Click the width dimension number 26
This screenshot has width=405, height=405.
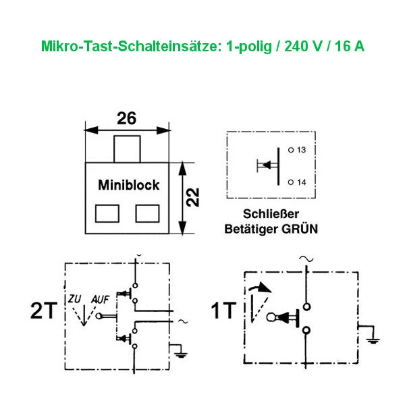[126, 118]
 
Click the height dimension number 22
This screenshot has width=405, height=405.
[192, 197]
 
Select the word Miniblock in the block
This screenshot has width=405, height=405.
[129, 184]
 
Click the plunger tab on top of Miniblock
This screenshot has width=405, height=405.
[126, 148]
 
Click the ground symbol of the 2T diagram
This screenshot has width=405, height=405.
[179, 351]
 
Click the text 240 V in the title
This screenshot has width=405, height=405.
[295, 48]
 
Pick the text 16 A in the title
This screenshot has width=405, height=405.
[349, 48]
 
